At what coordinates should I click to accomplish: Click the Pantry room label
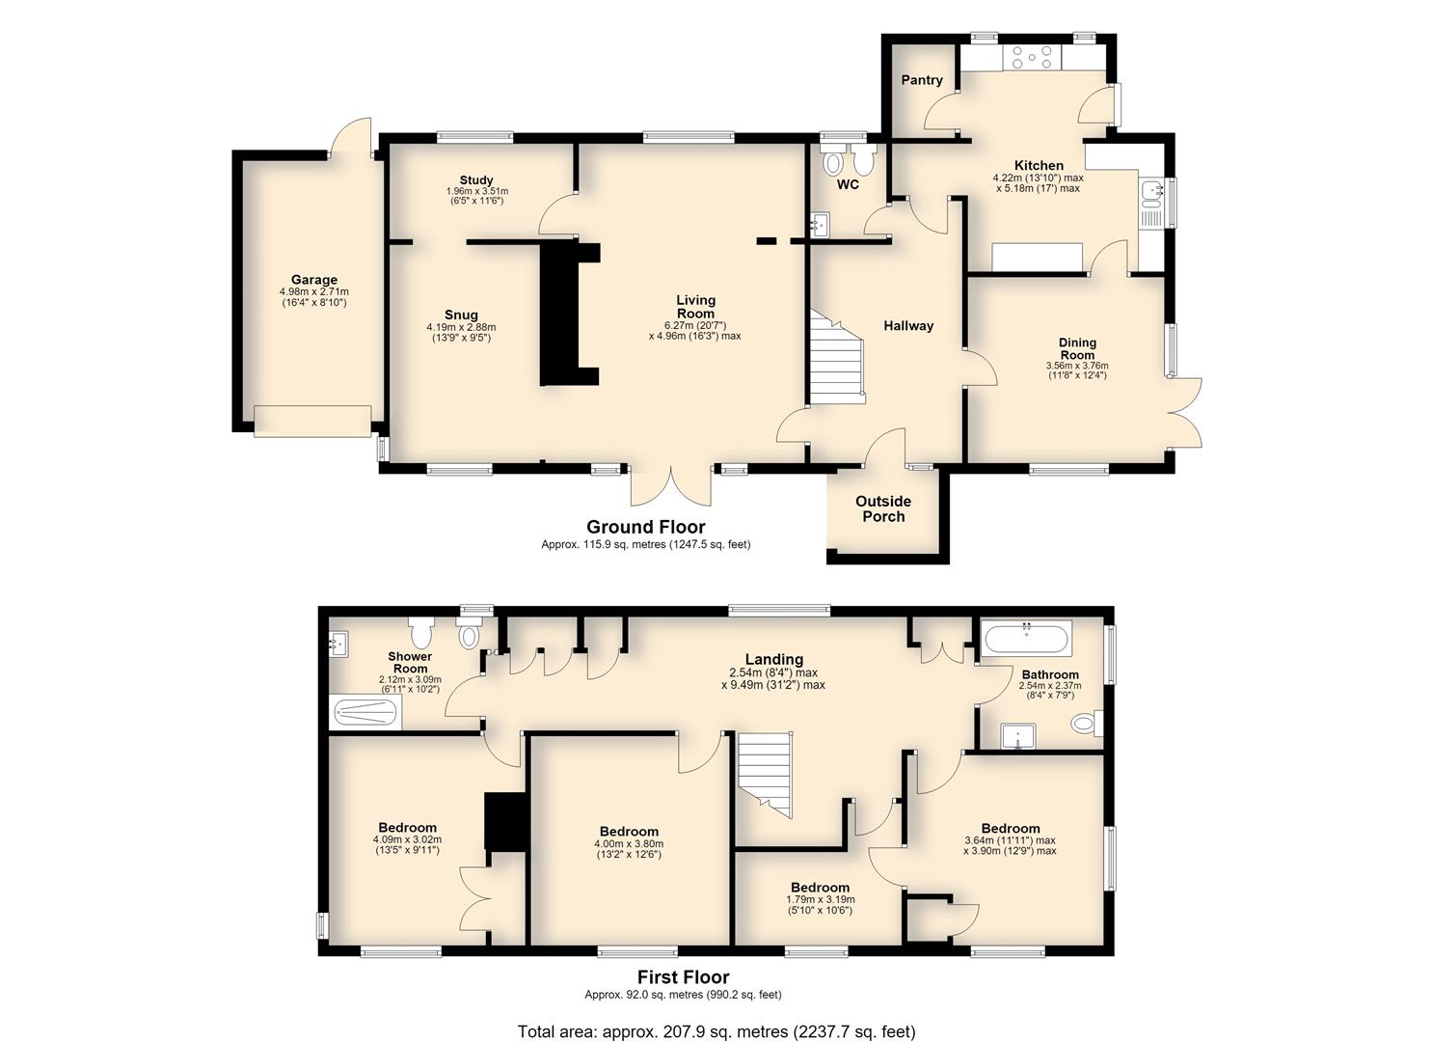(x=922, y=80)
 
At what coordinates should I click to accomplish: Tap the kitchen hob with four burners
(x=1033, y=58)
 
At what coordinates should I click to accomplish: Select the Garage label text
(x=314, y=280)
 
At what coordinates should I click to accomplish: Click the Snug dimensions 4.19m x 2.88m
(x=461, y=327)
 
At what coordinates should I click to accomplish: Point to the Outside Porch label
(x=883, y=508)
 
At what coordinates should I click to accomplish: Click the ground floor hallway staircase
(x=836, y=357)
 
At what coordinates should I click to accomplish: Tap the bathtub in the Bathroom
(x=1027, y=638)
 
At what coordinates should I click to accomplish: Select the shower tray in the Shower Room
(x=367, y=713)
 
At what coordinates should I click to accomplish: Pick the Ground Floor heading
(x=646, y=527)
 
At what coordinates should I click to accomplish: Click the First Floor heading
(x=683, y=977)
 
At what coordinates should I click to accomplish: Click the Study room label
(x=476, y=179)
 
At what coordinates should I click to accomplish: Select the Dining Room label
(x=1077, y=348)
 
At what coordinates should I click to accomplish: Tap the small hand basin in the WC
(x=819, y=224)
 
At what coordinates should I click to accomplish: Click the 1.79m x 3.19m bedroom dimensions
(x=821, y=899)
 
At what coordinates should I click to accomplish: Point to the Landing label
(x=774, y=659)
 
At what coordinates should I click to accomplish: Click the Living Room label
(x=695, y=307)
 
